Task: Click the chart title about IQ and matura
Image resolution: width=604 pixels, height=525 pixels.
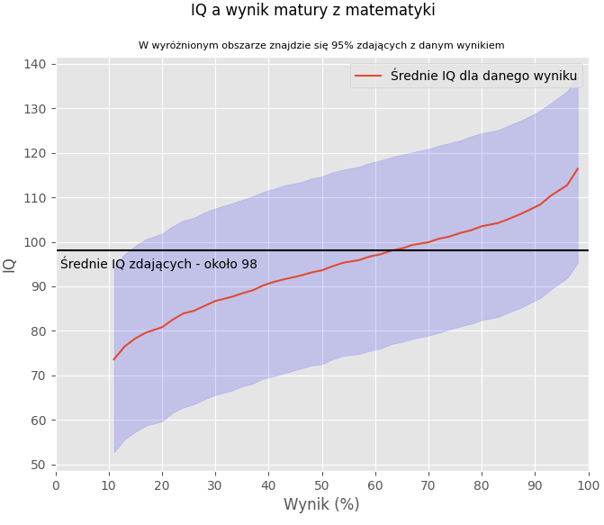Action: (x=312, y=11)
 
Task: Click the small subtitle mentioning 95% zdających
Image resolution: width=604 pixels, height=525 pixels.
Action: (x=321, y=45)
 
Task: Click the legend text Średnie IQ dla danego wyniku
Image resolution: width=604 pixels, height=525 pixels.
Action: (x=483, y=76)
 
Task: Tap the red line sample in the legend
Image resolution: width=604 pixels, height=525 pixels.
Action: (x=368, y=76)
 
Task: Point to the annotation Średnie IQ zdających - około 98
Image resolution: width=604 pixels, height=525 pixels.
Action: (x=158, y=264)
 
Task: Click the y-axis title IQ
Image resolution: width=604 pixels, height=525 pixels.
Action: (x=10, y=265)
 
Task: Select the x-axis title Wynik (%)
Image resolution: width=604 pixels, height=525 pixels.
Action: (x=321, y=504)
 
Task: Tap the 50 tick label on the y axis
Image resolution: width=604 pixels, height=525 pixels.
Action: (x=38, y=465)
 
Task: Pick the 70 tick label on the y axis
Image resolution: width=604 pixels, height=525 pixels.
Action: (x=38, y=376)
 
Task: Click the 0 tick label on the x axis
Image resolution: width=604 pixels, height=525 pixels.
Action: (x=56, y=484)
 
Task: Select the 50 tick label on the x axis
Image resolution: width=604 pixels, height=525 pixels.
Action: (x=322, y=484)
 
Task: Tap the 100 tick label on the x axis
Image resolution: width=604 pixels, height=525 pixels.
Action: (x=589, y=484)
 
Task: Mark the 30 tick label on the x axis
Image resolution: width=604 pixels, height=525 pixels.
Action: (x=216, y=484)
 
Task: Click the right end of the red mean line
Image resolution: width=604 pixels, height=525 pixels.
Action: (x=578, y=168)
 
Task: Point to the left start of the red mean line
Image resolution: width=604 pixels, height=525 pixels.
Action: (x=114, y=359)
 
